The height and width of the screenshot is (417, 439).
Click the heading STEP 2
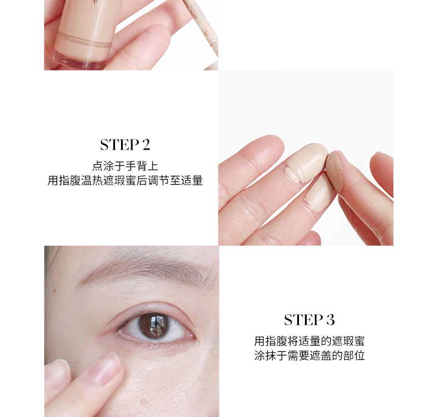(x=125, y=145)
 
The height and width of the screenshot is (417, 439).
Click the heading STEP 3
(x=310, y=320)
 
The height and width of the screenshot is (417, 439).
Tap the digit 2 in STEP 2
(x=146, y=145)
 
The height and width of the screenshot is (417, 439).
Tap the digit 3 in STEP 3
(x=330, y=320)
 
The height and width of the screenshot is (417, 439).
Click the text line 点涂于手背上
(x=125, y=166)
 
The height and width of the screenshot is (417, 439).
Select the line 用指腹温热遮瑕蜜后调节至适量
(x=125, y=180)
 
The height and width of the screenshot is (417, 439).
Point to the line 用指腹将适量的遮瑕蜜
(x=310, y=341)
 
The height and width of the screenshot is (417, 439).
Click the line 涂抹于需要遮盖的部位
(x=310, y=355)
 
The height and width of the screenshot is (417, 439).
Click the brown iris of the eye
(x=154, y=325)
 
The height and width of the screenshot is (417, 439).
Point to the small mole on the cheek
(x=143, y=402)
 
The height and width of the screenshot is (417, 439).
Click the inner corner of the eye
(x=193, y=335)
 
